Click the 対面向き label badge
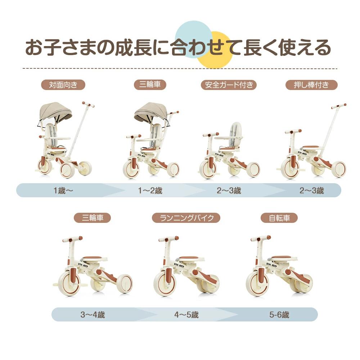point(63,85)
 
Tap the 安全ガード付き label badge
point(229,85)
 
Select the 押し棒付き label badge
point(311,85)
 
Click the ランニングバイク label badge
point(186,218)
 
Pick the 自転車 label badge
point(279,218)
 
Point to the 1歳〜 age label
point(63,190)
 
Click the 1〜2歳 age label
point(150,190)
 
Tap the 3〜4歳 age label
point(93,315)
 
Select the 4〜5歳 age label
point(186,315)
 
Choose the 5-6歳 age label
point(279,315)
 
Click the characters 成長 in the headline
point(133,48)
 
